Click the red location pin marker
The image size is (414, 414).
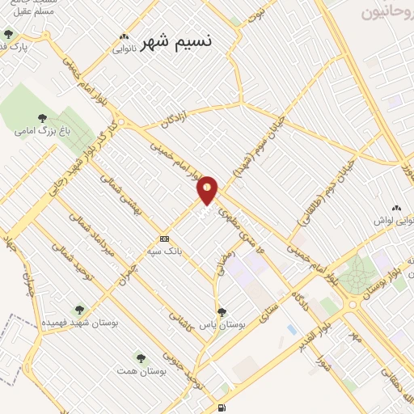tap(208, 190)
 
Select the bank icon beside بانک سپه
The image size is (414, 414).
tap(164, 239)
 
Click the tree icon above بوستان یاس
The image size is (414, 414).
tap(222, 311)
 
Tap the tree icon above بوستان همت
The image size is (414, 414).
tap(141, 357)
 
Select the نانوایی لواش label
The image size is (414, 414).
tap(394, 220)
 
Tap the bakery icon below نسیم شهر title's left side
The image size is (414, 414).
tap(124, 36)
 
